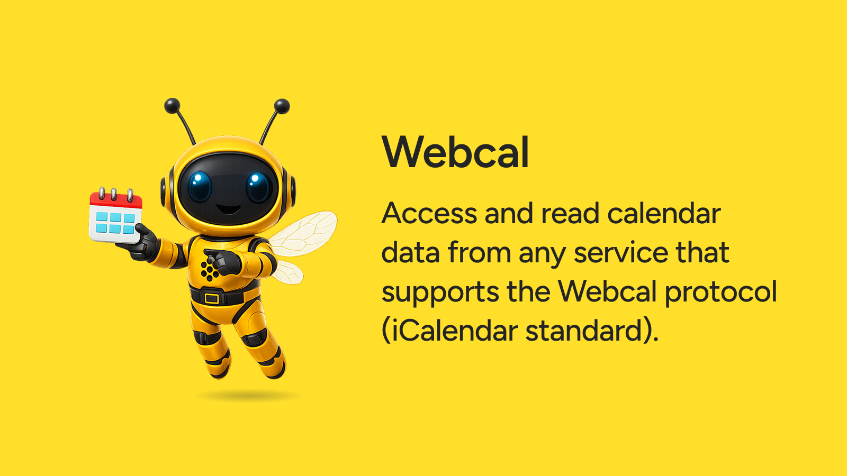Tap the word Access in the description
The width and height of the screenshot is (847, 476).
429,214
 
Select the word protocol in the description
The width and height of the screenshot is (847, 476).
720,291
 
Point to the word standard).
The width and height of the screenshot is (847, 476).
592,331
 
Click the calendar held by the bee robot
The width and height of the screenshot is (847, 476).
115,215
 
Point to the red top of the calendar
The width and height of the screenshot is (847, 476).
116,200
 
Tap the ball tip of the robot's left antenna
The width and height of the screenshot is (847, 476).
172,105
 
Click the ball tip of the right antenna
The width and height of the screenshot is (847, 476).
282,106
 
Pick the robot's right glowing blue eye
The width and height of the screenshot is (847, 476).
258,187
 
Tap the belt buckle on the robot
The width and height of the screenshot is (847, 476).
212,298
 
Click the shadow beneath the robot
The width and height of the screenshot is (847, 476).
248,396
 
